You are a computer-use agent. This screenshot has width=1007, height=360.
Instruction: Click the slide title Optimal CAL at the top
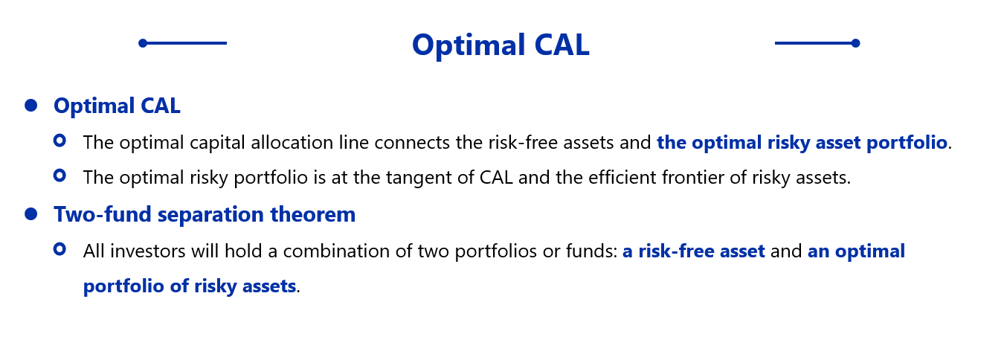click(501, 45)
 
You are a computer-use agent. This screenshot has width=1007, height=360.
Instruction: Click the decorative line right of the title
click(817, 43)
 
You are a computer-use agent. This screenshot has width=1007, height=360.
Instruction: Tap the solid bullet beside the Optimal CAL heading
click(31, 106)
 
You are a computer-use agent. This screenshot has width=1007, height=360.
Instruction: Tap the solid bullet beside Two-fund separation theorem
click(31, 214)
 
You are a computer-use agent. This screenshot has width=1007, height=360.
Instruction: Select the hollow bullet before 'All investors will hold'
click(59, 249)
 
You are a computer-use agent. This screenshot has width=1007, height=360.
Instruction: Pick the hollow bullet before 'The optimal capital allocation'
click(59, 141)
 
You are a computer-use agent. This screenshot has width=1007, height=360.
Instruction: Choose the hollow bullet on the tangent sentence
click(59, 176)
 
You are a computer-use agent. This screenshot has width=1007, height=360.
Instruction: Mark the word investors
click(147, 251)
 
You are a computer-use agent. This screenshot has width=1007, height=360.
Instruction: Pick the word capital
click(218, 144)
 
